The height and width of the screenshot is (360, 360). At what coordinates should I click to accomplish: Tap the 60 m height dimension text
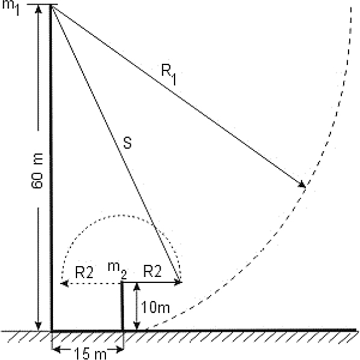pyautogui.click(x=37, y=171)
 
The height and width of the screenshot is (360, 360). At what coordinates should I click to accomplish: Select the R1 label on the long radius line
pyautogui.click(x=169, y=74)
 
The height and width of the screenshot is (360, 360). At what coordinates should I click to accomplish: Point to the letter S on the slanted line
pyautogui.click(x=128, y=142)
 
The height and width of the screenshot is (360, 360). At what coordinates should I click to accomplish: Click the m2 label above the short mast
pyautogui.click(x=117, y=270)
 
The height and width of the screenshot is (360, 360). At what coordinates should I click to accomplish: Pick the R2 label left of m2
pyautogui.click(x=84, y=273)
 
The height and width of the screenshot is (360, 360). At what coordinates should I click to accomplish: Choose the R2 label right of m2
pyautogui.click(x=152, y=271)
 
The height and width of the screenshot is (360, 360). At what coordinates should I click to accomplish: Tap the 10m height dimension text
pyautogui.click(x=155, y=307)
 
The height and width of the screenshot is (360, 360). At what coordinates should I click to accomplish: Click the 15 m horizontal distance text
pyautogui.click(x=90, y=353)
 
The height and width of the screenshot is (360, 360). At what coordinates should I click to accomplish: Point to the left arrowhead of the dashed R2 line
pyautogui.click(x=64, y=284)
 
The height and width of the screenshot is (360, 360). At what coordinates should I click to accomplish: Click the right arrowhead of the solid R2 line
pyautogui.click(x=178, y=282)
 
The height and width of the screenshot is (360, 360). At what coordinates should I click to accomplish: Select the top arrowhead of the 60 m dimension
pyautogui.click(x=39, y=9)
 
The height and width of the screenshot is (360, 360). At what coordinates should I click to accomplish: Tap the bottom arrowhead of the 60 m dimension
pyautogui.click(x=39, y=326)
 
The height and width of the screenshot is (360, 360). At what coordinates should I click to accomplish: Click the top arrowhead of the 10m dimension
pyautogui.click(x=137, y=287)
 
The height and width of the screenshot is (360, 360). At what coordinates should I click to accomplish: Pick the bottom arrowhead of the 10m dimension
pyautogui.click(x=137, y=326)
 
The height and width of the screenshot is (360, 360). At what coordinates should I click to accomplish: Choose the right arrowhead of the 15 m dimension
pyautogui.click(x=119, y=350)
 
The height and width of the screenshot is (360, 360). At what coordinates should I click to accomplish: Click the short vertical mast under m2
pyautogui.click(x=122, y=306)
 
